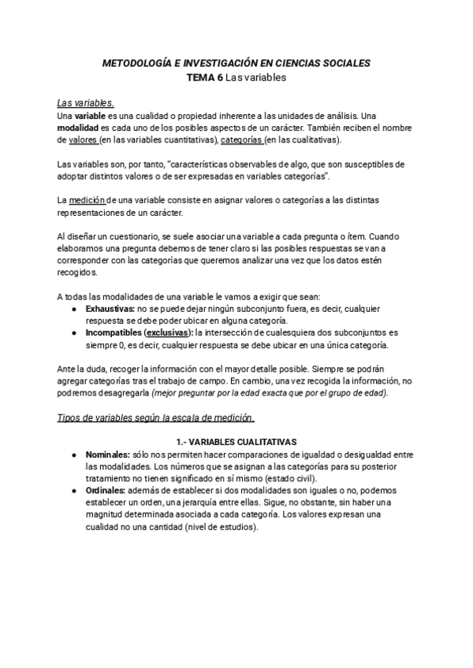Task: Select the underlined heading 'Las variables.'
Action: click(86, 102)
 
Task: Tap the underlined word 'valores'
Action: click(84, 139)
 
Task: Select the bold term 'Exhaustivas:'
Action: click(110, 308)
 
